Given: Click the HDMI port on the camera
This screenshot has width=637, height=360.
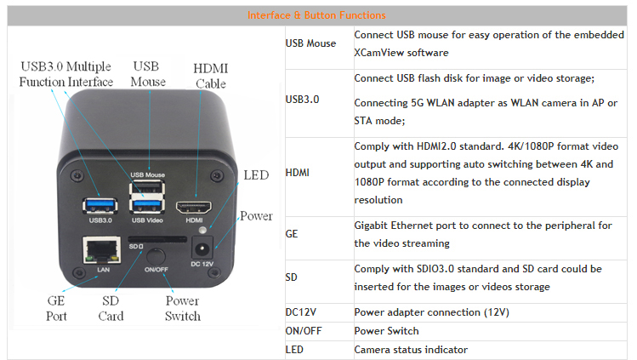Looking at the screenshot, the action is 194,207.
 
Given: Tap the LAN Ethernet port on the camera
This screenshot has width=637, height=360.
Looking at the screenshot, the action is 101,250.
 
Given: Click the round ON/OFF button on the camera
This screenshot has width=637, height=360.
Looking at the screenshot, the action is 156,257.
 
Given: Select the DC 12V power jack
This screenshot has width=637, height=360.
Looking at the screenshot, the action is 202,248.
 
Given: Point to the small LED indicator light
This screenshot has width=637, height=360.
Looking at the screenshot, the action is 202,231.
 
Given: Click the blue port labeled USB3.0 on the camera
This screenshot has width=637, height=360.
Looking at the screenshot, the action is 100,206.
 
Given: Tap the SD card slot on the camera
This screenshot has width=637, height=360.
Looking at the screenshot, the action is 157,239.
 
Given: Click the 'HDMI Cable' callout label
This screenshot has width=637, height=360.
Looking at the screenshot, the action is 210,76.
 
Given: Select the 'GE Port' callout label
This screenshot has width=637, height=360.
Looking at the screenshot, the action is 56,308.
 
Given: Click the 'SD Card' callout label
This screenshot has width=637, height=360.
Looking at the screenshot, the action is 111,308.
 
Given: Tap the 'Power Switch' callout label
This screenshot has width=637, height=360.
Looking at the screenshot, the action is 182,308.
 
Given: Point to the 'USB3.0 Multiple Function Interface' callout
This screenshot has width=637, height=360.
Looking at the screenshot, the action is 65,74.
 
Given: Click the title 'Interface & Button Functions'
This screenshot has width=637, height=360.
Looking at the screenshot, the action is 316,15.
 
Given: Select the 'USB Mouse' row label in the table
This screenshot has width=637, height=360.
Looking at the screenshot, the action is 310,43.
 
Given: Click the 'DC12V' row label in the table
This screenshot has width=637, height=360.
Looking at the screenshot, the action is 300,312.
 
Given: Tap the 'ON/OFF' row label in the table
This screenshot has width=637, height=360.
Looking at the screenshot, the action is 304,331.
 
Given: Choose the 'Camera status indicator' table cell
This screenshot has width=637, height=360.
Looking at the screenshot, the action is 411,350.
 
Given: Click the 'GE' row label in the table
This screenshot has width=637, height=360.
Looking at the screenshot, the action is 292,234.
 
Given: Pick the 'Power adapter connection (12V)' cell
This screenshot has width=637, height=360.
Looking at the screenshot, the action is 431,312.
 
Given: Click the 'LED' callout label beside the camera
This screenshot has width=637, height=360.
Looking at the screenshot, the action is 256,175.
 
